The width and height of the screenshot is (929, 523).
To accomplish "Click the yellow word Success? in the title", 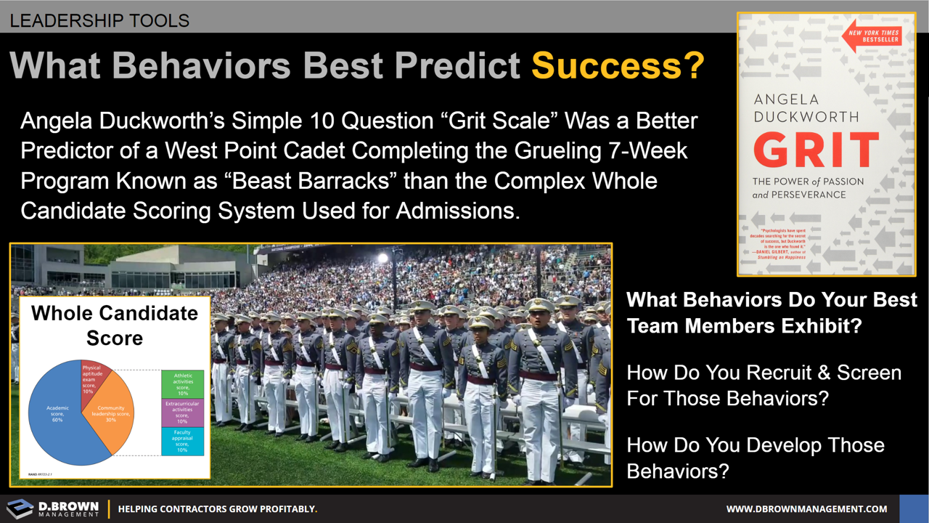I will click(x=618, y=65).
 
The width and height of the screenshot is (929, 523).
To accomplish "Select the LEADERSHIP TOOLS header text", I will click(x=99, y=20).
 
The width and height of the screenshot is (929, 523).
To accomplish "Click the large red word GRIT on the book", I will click(x=816, y=150).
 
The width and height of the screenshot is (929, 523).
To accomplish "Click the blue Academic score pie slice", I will click(x=58, y=414).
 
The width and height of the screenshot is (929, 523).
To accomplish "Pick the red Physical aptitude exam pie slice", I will click(x=93, y=377).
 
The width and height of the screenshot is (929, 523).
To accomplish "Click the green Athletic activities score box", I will click(x=182, y=384).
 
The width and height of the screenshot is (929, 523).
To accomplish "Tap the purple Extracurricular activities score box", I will click(x=182, y=413).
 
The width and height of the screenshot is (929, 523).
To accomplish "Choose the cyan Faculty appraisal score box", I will click(x=182, y=441).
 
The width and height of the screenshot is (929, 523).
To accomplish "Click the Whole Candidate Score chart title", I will click(x=114, y=325).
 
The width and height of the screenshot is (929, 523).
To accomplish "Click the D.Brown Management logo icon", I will click(x=20, y=508).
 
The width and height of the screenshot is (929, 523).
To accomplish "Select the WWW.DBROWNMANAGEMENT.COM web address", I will click(x=806, y=509).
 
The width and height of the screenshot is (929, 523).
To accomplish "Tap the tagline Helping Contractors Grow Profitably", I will click(x=217, y=509).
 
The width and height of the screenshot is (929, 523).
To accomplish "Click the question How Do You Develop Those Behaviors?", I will click(x=755, y=458).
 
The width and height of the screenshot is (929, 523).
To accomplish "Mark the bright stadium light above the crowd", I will click(x=382, y=257).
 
